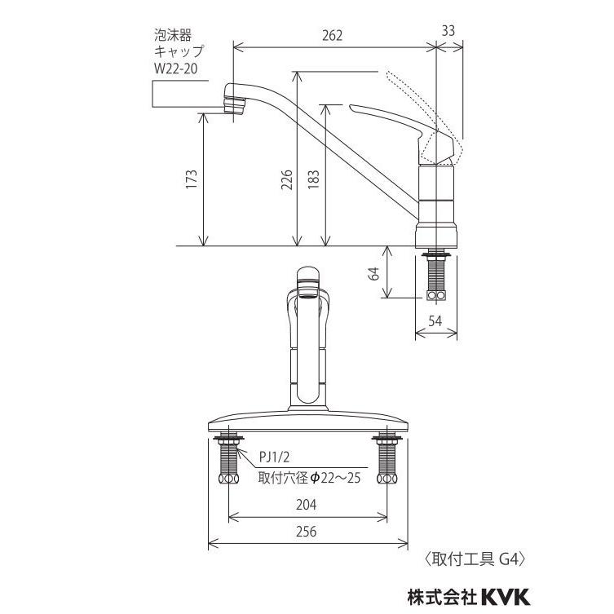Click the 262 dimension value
click(332, 35)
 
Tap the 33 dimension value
click(448, 30)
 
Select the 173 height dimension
click(191, 179)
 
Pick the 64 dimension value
click(374, 273)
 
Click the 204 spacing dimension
click(307, 505)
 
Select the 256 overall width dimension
click(307, 532)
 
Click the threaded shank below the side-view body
click(438, 276)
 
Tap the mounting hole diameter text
click(309, 478)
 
